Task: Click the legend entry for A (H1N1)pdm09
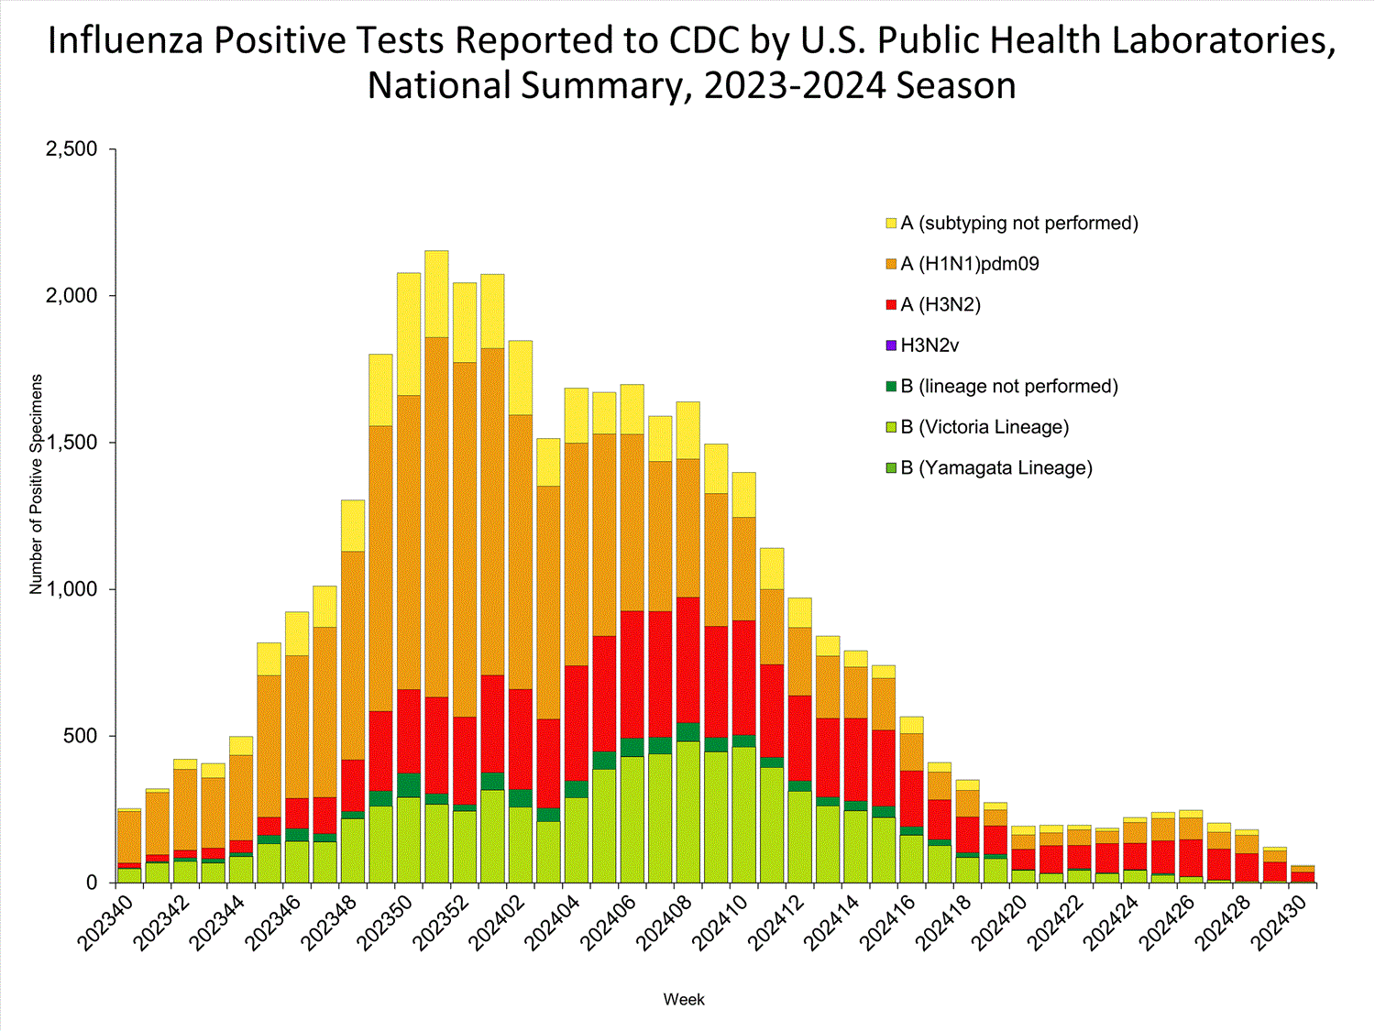[970, 264]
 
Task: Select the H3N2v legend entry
[929, 345]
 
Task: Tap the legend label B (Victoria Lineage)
[984, 427]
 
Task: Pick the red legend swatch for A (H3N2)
[891, 305]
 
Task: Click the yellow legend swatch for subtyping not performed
[891, 224]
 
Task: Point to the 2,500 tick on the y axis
[71, 149]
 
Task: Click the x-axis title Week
[684, 999]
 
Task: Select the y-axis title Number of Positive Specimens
[37, 484]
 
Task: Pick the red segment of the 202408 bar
[688, 660]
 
